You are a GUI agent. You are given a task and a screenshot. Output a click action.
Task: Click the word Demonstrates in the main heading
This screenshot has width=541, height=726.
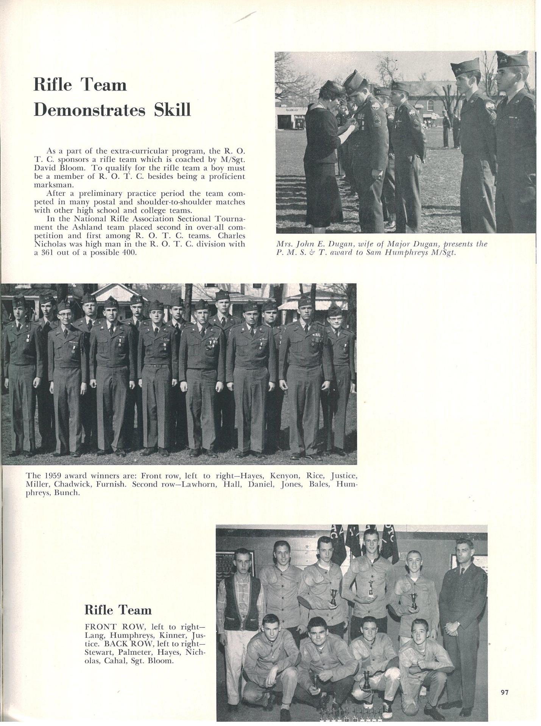point(90,110)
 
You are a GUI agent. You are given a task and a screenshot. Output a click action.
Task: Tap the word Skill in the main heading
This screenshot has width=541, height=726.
point(173,110)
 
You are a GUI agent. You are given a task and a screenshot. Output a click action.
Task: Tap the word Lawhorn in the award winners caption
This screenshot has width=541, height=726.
point(201,484)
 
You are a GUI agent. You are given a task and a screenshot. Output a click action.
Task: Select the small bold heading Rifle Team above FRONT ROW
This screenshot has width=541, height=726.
point(118,610)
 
